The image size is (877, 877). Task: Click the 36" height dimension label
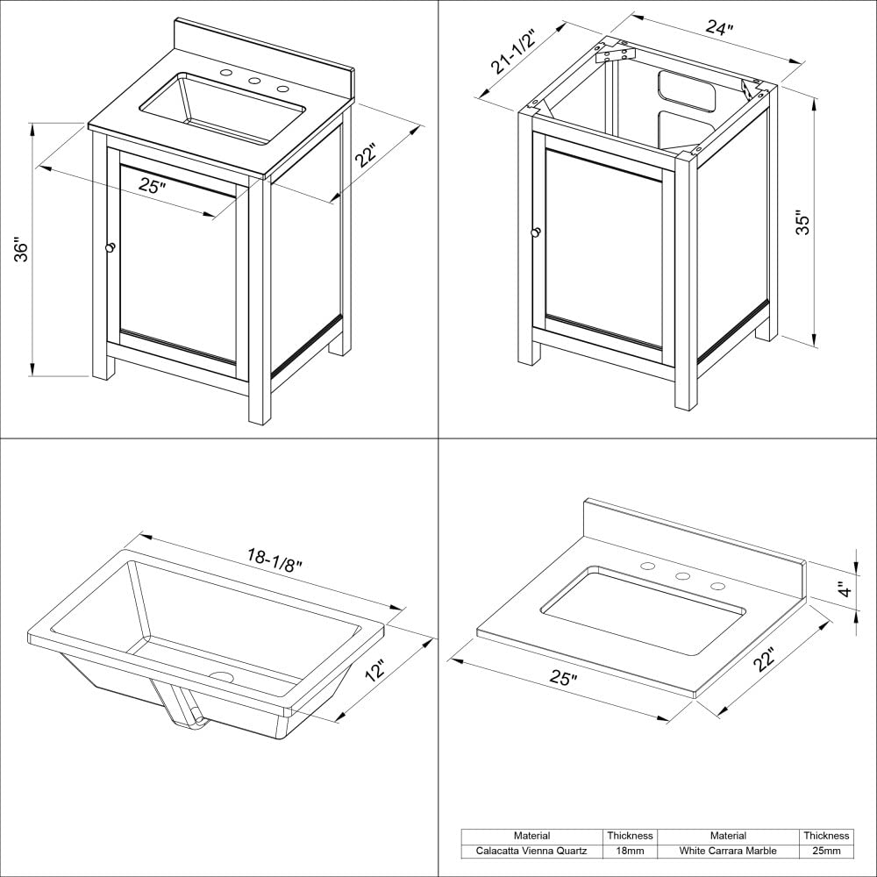(23, 250)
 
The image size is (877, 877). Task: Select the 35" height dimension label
(802, 222)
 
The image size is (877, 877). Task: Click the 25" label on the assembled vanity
(153, 185)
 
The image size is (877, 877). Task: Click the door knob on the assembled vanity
(111, 249)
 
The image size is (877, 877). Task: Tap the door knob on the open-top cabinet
(535, 232)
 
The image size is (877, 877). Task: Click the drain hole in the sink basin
(221, 676)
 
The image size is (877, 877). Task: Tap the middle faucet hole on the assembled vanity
(255, 81)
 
